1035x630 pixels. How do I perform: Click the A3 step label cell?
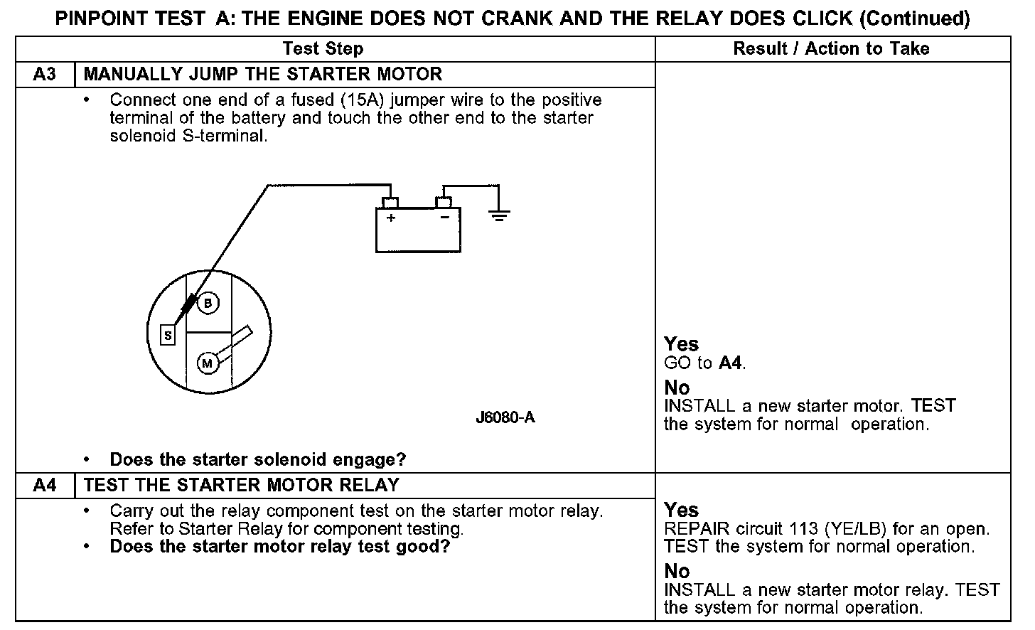(44, 74)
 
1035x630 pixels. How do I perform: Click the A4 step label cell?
(44, 486)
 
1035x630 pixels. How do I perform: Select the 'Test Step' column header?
(323, 49)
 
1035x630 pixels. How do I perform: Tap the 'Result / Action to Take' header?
(831, 49)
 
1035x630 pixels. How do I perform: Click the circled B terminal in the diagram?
(208, 304)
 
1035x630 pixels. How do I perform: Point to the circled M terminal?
(208, 364)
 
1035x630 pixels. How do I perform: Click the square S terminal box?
(168, 335)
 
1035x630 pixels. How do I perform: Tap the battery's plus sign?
(391, 218)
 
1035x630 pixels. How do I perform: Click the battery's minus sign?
(444, 218)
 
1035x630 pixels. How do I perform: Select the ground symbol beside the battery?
(500, 214)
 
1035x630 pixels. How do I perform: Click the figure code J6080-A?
(505, 417)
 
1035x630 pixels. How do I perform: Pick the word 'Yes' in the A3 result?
(681, 344)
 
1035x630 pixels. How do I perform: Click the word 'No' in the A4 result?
(677, 571)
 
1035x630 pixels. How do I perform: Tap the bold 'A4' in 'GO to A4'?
(731, 363)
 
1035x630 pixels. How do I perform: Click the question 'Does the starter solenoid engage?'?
(257, 459)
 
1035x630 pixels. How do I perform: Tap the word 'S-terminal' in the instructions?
(224, 136)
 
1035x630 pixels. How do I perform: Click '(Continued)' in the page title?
(914, 18)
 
